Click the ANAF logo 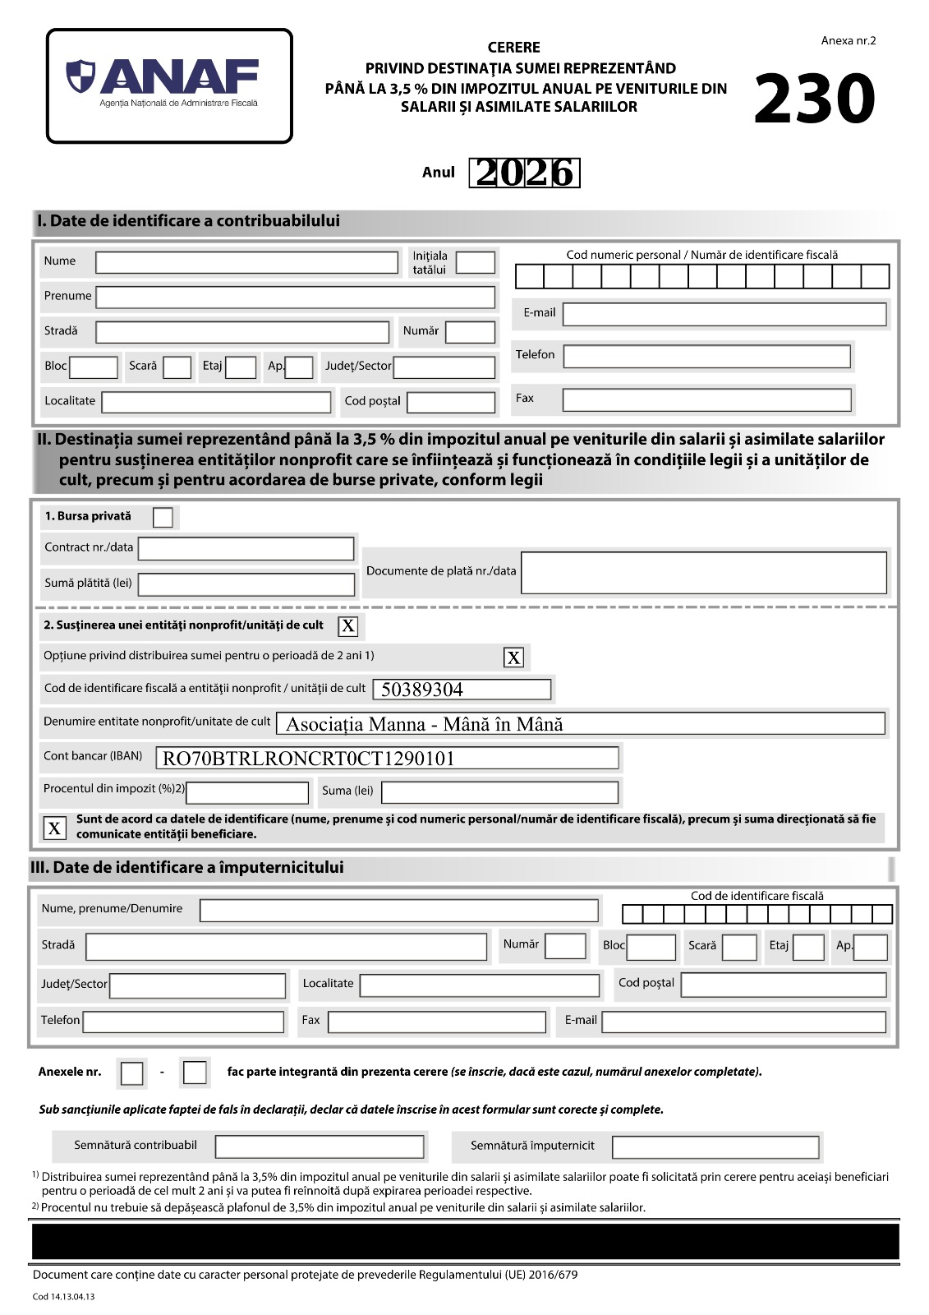[x=169, y=85]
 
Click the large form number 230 [x=814, y=100]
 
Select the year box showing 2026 [x=524, y=173]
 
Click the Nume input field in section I [x=246, y=262]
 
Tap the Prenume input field [x=296, y=297]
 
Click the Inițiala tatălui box [x=475, y=262]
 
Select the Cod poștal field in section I [x=451, y=402]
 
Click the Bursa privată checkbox [x=163, y=517]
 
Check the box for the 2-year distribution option [x=513, y=657]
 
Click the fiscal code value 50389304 [x=422, y=690]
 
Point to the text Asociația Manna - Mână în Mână [x=424, y=724]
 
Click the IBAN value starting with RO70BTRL [x=309, y=758]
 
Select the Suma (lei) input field [x=499, y=791]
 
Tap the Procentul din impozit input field [x=247, y=792]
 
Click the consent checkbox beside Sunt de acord [x=54, y=828]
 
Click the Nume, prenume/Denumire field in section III [x=398, y=910]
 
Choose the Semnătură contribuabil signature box [x=320, y=1147]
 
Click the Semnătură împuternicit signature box [x=715, y=1147]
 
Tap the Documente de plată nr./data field [x=703, y=572]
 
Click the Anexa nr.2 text [x=848, y=40]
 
